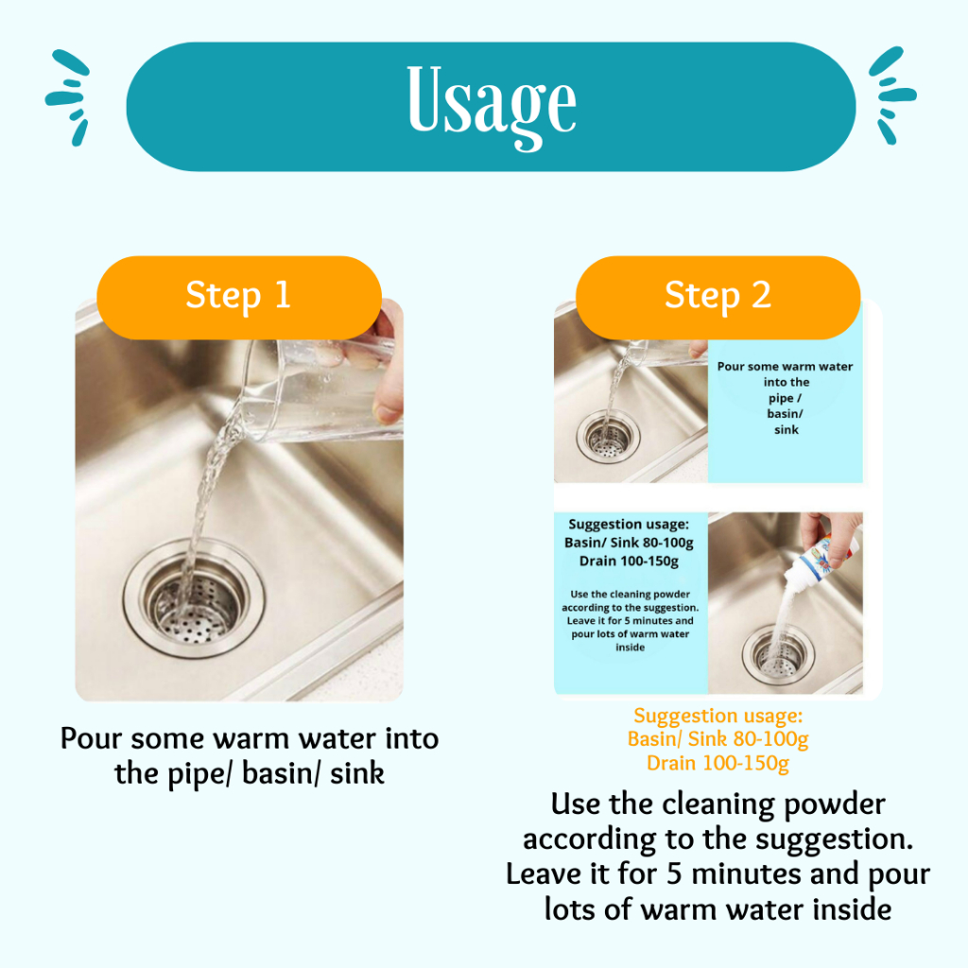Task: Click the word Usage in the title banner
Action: [x=492, y=106]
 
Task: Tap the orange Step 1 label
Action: [x=239, y=297]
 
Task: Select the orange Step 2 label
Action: [x=718, y=297]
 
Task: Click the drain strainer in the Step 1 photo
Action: [x=194, y=597]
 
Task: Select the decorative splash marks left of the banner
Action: [x=68, y=97]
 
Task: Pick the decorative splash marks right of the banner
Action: [x=892, y=95]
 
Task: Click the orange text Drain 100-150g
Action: [x=718, y=763]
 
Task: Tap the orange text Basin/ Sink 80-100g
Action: [x=718, y=738]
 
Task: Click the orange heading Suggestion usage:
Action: [x=718, y=716]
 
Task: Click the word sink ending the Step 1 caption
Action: [x=357, y=773]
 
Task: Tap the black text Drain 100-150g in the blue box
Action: [x=629, y=562]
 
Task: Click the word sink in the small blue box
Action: [x=786, y=430]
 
